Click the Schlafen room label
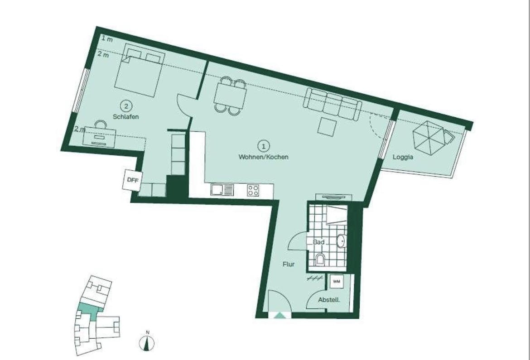(126, 117)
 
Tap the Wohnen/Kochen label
(264, 157)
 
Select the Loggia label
(403, 157)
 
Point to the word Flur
(289, 264)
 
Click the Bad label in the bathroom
(319, 242)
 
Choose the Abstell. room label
(329, 299)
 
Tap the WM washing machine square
(336, 281)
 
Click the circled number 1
(264, 146)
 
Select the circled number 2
(126, 106)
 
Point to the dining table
(230, 94)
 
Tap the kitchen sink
(222, 190)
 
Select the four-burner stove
(253, 190)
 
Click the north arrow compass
(147, 342)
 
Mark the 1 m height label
(107, 39)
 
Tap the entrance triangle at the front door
(279, 316)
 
